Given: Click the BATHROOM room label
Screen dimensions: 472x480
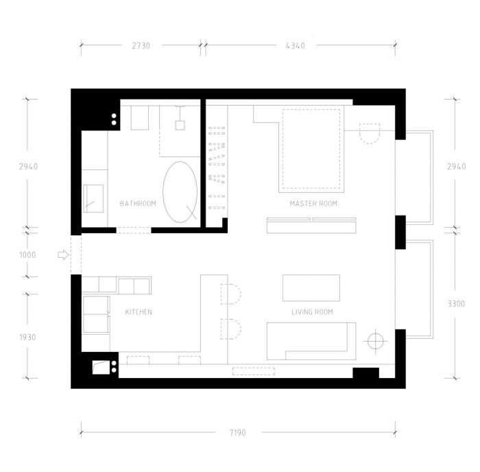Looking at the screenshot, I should click(138, 204).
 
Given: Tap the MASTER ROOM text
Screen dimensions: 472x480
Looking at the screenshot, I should click(313, 204).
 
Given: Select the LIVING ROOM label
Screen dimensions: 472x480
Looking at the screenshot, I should click(312, 312).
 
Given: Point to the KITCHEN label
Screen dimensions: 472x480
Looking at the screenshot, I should click(139, 312).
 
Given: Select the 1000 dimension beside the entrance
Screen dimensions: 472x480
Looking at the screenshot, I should click(27, 255).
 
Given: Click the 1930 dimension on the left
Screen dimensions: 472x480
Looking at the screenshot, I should click(27, 337).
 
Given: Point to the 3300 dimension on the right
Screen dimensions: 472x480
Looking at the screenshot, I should click(456, 303).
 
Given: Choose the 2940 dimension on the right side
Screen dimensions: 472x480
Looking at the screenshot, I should click(456, 167).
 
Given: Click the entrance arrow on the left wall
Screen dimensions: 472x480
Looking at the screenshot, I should click(62, 255).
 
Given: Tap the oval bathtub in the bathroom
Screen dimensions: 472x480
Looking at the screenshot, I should click(180, 191).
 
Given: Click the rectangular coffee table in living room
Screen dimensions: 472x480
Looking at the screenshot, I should click(311, 287).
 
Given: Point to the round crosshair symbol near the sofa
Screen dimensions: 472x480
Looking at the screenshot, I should click(375, 340).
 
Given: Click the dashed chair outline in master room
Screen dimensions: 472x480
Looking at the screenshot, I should click(370, 132).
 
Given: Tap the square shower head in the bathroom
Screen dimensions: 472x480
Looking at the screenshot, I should click(180, 125).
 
